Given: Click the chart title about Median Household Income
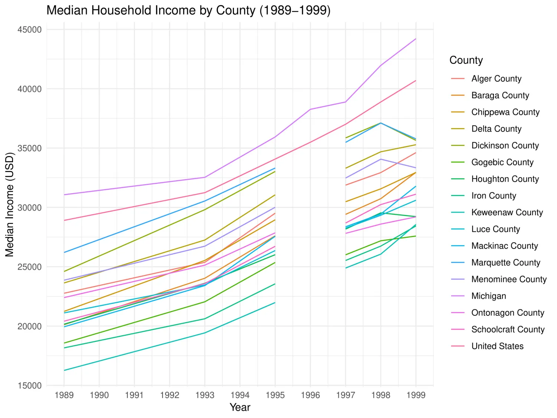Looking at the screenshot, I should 188,10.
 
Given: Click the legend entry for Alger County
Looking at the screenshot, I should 496,79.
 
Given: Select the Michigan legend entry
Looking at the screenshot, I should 488,296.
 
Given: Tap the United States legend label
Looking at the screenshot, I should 497,346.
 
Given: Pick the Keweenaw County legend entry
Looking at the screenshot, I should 507,213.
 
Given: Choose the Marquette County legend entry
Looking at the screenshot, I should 505,263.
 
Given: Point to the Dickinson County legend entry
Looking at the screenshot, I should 505,146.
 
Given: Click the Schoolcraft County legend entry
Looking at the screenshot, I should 508,330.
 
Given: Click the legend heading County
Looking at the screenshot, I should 466,60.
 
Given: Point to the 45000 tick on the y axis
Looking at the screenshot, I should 30,30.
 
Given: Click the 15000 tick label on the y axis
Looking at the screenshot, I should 30,386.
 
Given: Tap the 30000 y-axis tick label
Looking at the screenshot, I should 30,208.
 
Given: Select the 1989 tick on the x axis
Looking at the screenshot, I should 64,395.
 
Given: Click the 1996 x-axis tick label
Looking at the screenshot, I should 310,395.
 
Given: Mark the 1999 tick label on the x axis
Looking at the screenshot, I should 416,395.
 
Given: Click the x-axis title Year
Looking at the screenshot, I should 240,408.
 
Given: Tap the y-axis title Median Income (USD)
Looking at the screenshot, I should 9,205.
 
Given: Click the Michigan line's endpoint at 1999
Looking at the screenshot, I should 416,39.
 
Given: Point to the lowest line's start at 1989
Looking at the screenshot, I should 64,370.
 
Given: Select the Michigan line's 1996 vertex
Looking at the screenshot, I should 310,109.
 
